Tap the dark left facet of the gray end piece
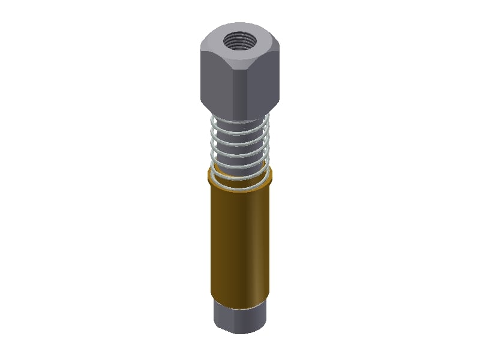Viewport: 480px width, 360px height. pyautogui.click(x=219, y=315)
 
